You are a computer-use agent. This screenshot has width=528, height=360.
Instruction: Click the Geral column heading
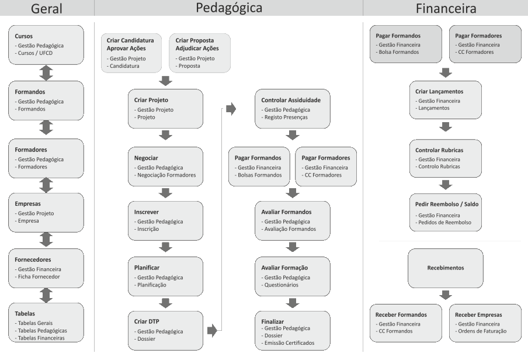click(x=47, y=9)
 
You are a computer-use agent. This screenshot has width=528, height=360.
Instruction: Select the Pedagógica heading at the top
click(x=228, y=8)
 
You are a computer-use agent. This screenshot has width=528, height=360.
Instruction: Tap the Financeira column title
click(x=446, y=9)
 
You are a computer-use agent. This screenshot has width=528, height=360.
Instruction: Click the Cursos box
click(x=47, y=44)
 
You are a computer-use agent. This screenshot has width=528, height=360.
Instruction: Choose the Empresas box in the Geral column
click(x=47, y=212)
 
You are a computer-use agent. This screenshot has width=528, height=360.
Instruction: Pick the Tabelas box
click(x=47, y=322)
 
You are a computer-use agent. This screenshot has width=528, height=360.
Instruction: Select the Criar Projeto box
click(x=165, y=109)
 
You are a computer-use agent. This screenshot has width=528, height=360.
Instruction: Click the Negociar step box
click(x=165, y=166)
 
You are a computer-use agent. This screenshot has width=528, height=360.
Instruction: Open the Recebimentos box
click(x=446, y=268)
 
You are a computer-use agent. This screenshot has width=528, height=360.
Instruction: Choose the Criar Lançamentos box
click(x=446, y=100)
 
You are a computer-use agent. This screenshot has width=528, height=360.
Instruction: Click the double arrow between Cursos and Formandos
click(x=47, y=72)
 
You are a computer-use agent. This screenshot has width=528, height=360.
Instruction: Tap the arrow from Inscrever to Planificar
click(x=165, y=247)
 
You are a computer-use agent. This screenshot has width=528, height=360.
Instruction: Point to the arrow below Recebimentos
click(x=446, y=295)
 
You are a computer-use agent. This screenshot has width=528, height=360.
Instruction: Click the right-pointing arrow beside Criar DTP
click(x=212, y=331)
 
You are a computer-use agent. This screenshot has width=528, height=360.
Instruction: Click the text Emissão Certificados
click(x=289, y=343)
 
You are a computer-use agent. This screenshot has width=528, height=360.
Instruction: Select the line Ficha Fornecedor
click(x=39, y=276)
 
